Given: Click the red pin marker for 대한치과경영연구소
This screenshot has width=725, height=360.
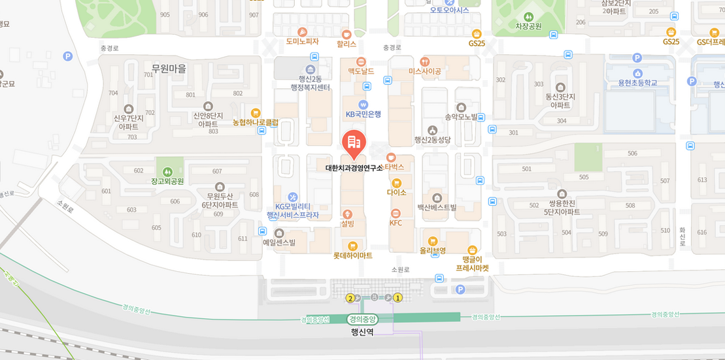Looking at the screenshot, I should click(x=354, y=143).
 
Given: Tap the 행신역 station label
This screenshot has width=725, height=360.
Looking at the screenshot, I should click(x=362, y=332).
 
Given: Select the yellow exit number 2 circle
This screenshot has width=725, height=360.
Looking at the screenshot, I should click(x=350, y=299).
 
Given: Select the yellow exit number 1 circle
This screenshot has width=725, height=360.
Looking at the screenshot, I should click(x=397, y=298).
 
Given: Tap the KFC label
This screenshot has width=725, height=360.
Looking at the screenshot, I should click(x=396, y=223).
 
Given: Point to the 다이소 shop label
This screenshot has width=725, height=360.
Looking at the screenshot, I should click(x=396, y=193).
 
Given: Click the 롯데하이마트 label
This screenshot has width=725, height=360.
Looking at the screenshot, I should click(x=352, y=255).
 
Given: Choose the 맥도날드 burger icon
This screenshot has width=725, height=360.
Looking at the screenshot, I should click(x=361, y=61).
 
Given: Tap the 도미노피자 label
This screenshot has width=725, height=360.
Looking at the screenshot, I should click(x=302, y=42).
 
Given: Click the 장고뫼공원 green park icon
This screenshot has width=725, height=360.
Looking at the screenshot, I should click(x=167, y=171).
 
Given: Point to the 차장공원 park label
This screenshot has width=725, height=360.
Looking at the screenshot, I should click(x=528, y=27).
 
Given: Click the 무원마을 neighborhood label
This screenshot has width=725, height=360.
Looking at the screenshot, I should click(x=169, y=69).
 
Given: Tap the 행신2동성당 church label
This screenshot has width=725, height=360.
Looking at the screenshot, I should click(x=432, y=139).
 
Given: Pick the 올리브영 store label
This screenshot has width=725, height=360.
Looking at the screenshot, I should click(x=432, y=250).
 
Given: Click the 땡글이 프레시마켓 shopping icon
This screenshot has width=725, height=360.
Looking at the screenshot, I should click(x=473, y=250).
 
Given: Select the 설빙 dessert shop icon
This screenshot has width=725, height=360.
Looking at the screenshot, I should click(x=347, y=214).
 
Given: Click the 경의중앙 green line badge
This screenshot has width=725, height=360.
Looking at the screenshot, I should click(x=362, y=319).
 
